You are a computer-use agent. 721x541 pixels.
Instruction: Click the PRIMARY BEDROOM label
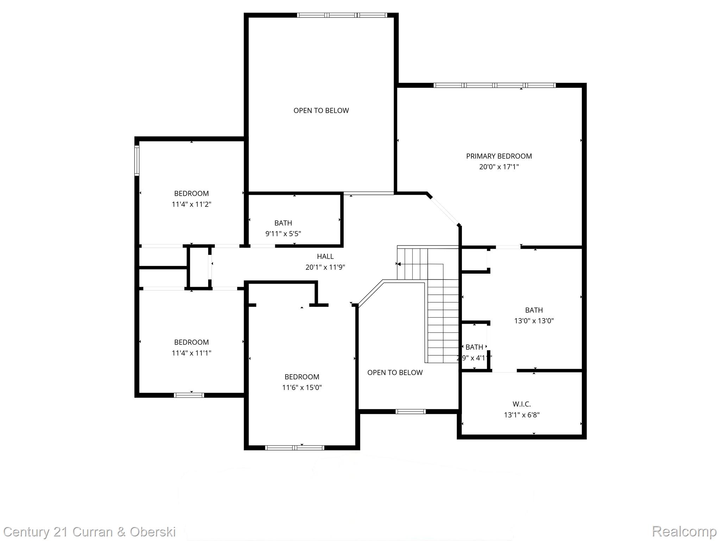[499, 156]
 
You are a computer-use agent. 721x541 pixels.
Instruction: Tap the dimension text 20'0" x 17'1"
[499, 167]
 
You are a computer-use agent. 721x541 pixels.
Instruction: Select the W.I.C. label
[521, 404]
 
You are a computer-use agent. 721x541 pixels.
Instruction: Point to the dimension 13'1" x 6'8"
[521, 415]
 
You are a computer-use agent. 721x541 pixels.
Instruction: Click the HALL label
[325, 256]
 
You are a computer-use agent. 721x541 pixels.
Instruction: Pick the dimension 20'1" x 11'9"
[325, 267]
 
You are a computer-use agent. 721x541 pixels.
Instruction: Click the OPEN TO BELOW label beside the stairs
[395, 373]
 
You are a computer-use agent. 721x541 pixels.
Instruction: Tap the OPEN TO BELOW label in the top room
[321, 111]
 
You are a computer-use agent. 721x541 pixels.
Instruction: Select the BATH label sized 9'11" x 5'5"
[283, 223]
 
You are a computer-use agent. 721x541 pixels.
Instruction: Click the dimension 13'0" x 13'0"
[534, 321]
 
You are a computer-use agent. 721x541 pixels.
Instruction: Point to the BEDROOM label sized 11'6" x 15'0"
[302, 377]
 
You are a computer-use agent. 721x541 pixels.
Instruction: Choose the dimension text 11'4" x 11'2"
[191, 204]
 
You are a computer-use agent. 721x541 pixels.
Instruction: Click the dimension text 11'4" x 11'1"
[191, 353]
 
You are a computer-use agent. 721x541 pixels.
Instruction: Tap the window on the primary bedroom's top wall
[494, 85]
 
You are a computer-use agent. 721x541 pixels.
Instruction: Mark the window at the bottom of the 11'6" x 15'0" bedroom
[295, 448]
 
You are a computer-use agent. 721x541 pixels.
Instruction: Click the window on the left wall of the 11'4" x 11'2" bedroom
[137, 161]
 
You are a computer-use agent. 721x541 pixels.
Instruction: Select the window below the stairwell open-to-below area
[410, 411]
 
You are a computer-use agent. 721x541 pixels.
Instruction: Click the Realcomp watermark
[684, 531]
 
